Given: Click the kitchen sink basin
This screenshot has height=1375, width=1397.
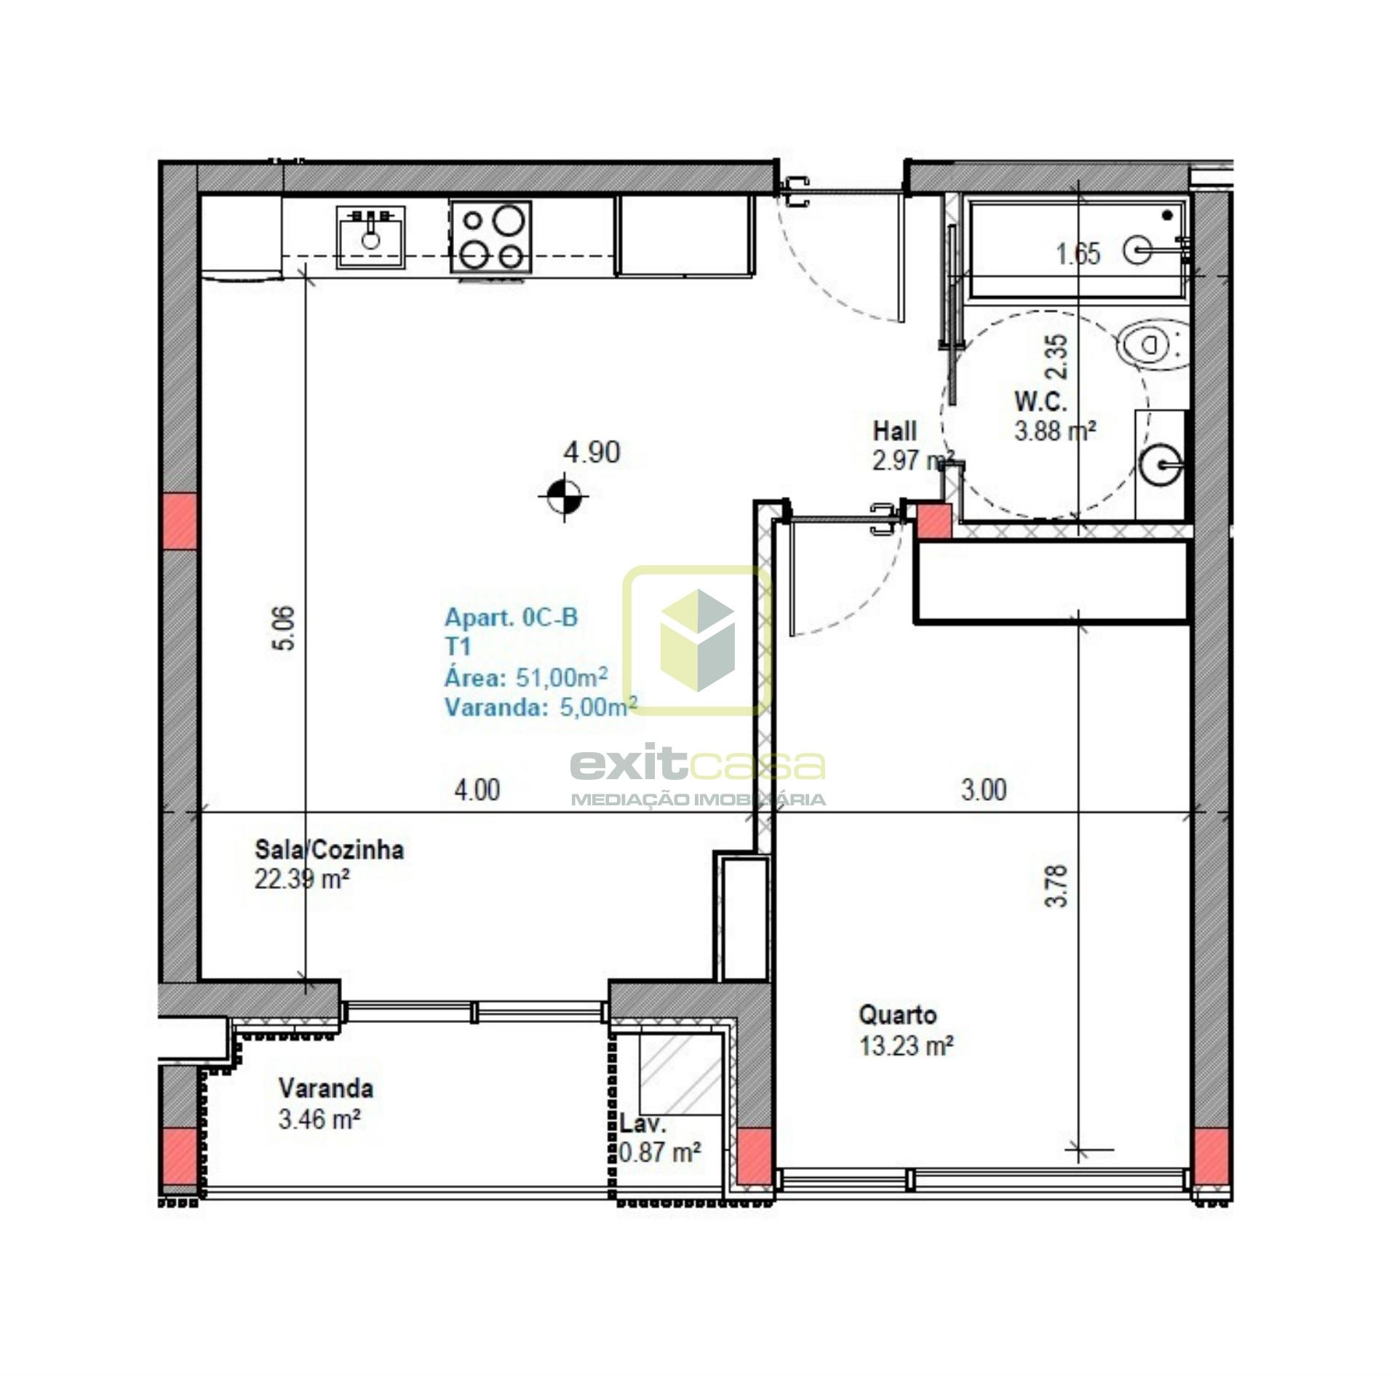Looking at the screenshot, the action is pyautogui.click(x=370, y=236).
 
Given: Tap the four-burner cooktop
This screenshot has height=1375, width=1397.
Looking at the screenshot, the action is pyautogui.click(x=490, y=237).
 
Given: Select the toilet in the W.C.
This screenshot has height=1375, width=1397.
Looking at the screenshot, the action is pyautogui.click(x=1152, y=345).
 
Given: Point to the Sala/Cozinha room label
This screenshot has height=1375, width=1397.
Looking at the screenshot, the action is pyautogui.click(x=329, y=849).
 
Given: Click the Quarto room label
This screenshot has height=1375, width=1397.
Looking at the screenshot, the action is pyautogui.click(x=897, y=1014).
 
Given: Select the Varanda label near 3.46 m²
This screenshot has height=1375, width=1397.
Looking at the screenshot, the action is pyautogui.click(x=326, y=1088).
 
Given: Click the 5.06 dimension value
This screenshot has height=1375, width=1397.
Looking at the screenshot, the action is pyautogui.click(x=285, y=628).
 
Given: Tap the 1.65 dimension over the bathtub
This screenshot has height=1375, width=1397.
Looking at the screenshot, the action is pyautogui.click(x=1078, y=254).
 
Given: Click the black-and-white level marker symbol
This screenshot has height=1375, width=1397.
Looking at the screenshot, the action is pyautogui.click(x=564, y=497).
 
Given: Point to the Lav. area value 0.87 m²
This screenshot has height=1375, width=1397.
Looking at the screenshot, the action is pyautogui.click(x=660, y=1152).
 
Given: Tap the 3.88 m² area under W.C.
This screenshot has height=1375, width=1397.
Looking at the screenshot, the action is pyautogui.click(x=1055, y=431).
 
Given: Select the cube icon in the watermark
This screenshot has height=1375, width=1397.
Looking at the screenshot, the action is pyautogui.click(x=697, y=640).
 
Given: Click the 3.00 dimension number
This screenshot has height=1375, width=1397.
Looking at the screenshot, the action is pyautogui.click(x=984, y=789).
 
